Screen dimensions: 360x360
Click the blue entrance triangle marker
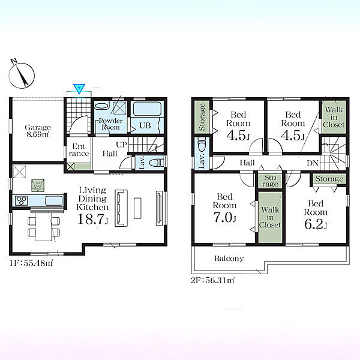(79, 89)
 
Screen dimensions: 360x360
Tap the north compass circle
(22, 76)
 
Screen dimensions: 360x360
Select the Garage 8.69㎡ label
(38, 131)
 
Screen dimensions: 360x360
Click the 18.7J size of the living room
(93, 219)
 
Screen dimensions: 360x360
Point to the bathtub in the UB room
(147, 109)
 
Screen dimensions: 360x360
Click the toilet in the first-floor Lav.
(157, 163)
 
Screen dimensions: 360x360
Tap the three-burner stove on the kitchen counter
(22, 200)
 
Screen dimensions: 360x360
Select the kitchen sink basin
(54, 200)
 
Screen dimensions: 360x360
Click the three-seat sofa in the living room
(121, 208)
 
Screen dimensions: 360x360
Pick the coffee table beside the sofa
(137, 208)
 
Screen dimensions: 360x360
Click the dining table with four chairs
(44, 227)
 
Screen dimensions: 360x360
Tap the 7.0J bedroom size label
(225, 217)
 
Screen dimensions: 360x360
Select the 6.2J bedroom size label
(316, 224)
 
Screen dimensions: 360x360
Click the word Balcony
(229, 259)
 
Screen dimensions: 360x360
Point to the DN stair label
(313, 163)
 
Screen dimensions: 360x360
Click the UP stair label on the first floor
(121, 145)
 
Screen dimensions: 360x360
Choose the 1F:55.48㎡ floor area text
(31, 263)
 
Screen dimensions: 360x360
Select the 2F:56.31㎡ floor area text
(212, 280)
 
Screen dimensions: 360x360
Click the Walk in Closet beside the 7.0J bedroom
(270, 217)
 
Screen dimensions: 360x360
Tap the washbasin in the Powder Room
(102, 106)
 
